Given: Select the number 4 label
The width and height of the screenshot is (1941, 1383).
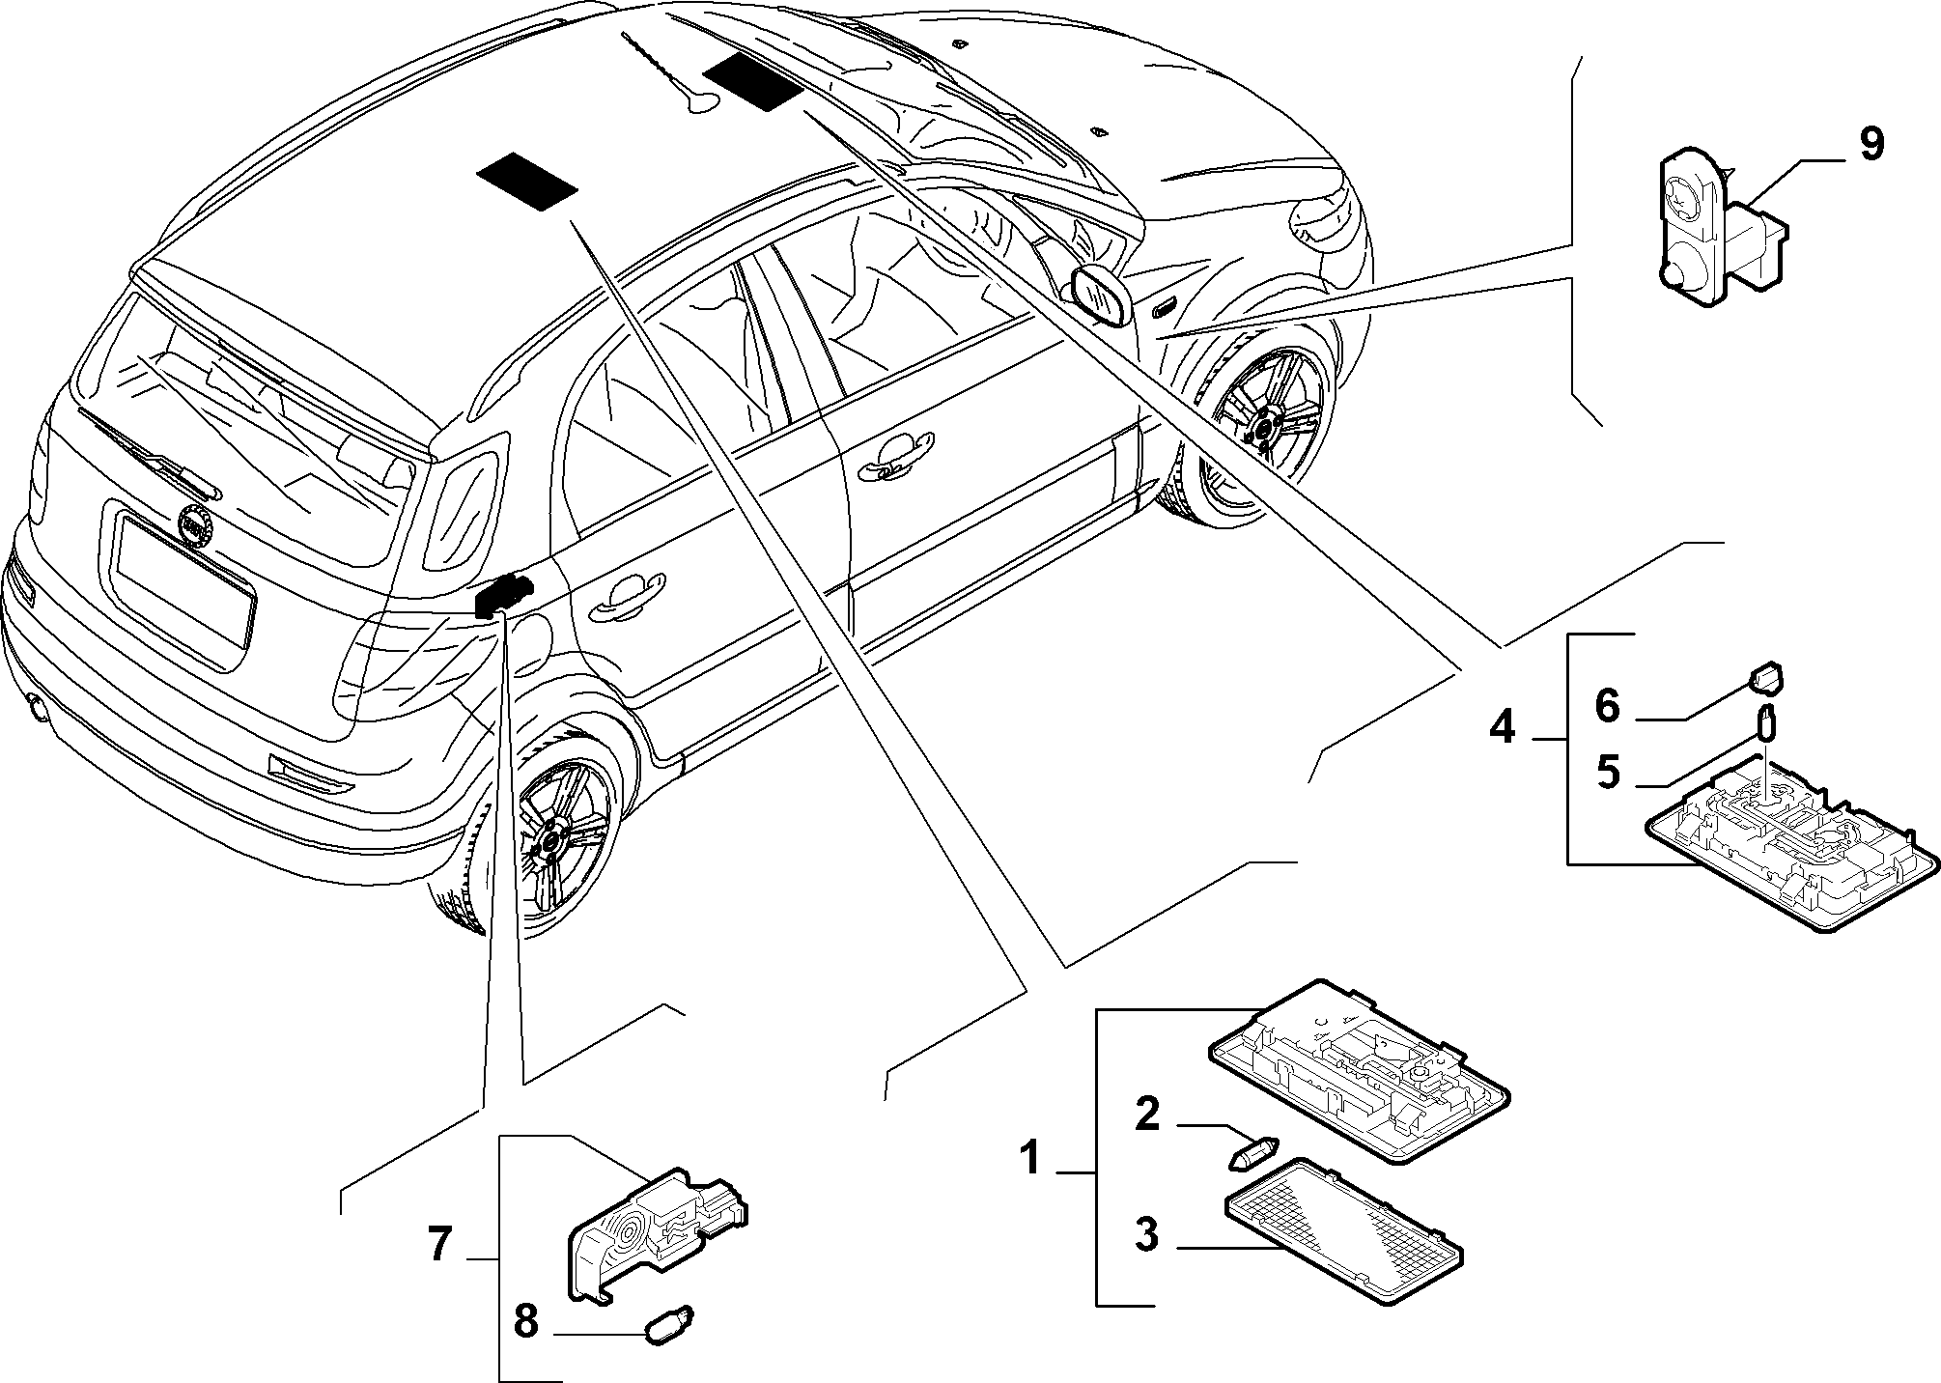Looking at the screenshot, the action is click(1502, 725).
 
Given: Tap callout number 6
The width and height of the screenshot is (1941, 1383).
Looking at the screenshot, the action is click(1606, 706).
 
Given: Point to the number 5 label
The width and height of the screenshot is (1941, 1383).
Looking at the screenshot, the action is click(1608, 773).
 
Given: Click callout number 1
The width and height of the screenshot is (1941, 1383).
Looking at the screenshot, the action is click(1031, 1157).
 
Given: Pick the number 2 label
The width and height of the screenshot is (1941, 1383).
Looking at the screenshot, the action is click(1146, 1115).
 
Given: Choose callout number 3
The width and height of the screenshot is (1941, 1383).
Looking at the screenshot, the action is click(1146, 1234).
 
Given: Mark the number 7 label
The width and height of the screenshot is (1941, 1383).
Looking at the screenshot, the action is click(439, 1245).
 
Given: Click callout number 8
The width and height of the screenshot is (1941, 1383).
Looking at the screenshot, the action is click(525, 1321).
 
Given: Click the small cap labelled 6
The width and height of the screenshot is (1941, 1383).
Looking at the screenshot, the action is click(1767, 679).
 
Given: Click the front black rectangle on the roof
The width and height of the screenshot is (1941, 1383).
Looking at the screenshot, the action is click(752, 81).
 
